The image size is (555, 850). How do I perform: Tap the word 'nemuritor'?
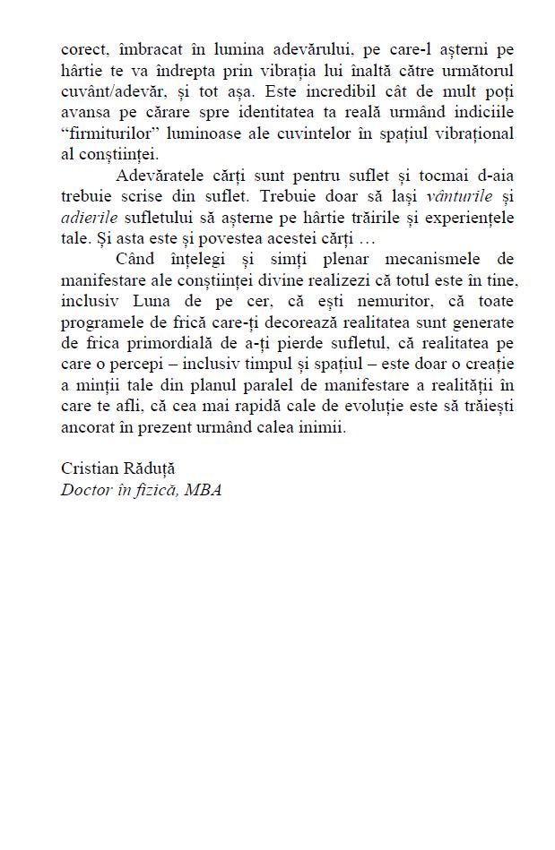click(379, 302)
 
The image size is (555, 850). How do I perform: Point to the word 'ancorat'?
click(87, 427)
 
